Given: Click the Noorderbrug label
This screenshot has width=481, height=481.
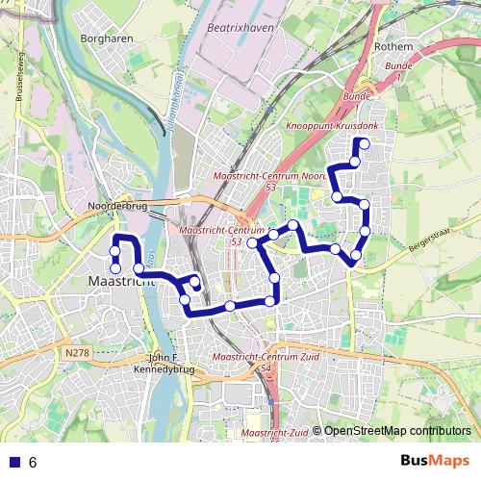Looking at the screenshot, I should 114,205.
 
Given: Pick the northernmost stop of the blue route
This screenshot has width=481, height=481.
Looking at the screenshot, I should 362,144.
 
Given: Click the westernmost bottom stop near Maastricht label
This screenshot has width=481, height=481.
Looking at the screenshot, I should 114,267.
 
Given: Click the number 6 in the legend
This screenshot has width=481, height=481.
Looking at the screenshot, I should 33,462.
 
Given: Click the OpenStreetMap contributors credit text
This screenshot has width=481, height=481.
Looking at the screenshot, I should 397,432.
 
